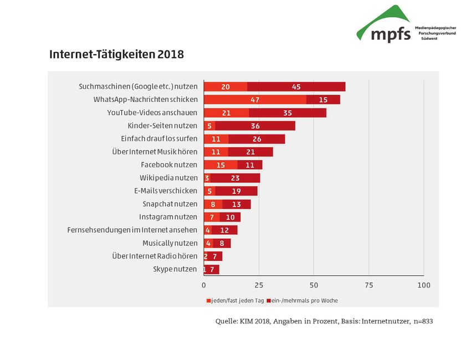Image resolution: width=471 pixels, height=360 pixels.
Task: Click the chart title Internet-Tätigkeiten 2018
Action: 116,55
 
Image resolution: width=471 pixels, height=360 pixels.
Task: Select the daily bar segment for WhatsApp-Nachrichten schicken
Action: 255,100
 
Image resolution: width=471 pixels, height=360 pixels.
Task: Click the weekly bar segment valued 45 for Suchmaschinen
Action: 296,87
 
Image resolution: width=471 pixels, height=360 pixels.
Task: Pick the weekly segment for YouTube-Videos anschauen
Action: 288,113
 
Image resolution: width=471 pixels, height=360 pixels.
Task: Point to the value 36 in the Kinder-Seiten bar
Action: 255,126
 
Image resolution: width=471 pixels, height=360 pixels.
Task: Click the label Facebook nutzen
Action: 169,164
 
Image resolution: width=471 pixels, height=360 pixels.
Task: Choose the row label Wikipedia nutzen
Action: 168,178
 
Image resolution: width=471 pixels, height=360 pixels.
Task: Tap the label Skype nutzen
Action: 175,269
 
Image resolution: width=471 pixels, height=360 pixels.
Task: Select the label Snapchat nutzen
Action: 170,204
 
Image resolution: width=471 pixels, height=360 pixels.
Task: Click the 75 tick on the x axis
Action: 368,285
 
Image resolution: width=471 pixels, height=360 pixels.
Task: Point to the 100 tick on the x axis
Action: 423,285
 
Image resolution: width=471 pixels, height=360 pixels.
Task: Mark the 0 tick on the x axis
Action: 204,285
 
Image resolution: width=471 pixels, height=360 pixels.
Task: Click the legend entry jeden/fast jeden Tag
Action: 235,301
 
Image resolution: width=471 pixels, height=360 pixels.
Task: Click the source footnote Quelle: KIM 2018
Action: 324,321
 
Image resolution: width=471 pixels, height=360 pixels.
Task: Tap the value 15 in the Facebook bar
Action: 221,165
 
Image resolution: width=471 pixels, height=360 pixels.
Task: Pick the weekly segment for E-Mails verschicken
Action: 237,191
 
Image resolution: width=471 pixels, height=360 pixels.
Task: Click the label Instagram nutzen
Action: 168,217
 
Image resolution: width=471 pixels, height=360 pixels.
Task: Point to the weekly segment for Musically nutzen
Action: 222,243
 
